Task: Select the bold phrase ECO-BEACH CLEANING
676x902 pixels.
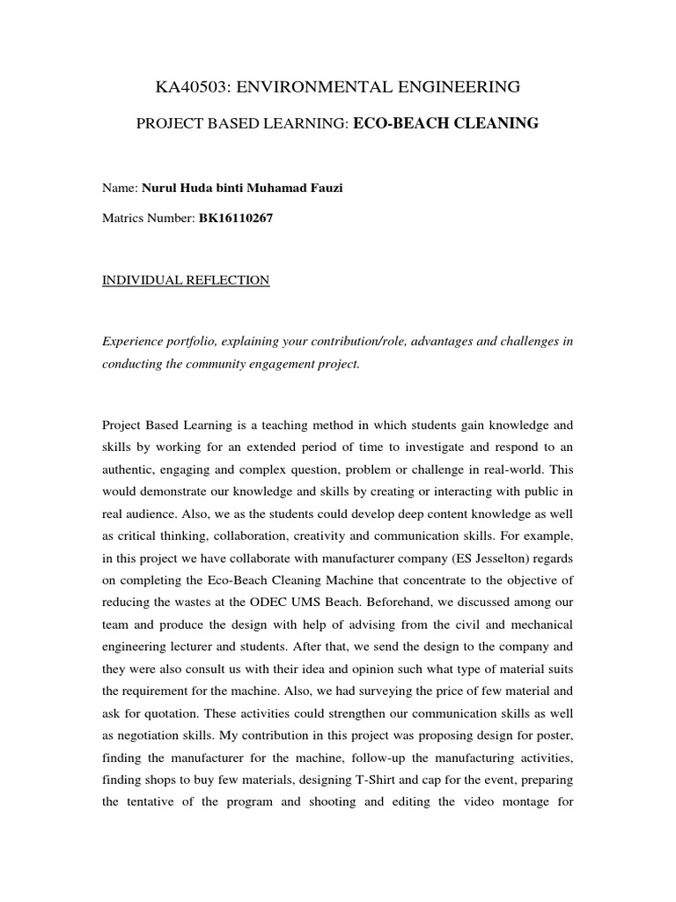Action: [445, 124]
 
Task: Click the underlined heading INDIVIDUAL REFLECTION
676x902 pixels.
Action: [186, 280]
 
